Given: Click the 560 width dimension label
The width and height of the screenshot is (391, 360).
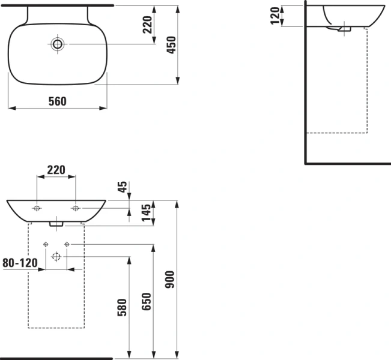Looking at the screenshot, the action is coord(57,101).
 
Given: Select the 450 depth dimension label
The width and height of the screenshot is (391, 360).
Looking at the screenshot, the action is coord(172,45).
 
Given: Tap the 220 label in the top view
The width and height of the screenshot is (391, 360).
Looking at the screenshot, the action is coord(147,25).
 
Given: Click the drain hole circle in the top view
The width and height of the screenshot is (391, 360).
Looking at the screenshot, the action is coord(57,44).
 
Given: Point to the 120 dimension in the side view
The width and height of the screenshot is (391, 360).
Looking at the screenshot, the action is coord(275,16).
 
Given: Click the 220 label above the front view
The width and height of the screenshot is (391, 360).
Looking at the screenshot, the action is coord(56,170).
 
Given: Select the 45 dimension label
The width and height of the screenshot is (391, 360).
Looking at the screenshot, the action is coord(123,187).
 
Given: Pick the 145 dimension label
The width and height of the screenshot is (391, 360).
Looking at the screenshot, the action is coord(147,213).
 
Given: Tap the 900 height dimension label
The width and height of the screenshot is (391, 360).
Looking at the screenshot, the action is coord(170,280).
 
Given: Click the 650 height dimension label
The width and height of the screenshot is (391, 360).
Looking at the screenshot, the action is coord(147,302).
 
